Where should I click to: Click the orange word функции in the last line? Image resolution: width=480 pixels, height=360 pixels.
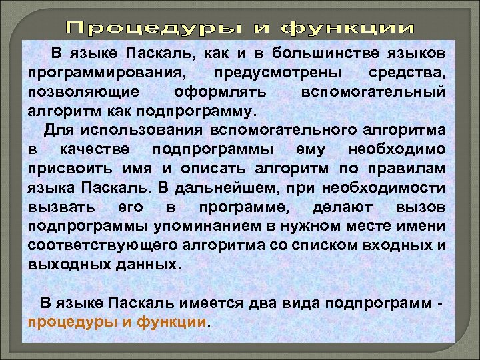[x=171, y=321]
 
